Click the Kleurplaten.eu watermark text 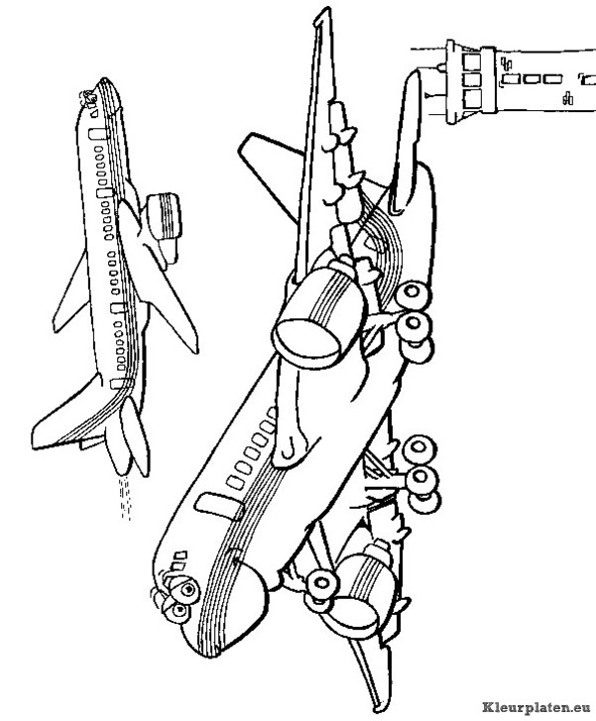(537, 706)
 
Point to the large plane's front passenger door (219, 506)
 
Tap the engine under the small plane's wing (165, 216)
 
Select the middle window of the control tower (472, 79)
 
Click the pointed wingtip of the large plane (324, 10)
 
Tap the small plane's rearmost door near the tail (120, 383)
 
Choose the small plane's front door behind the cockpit (96, 133)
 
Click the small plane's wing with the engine (157, 276)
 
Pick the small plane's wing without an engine (71, 295)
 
